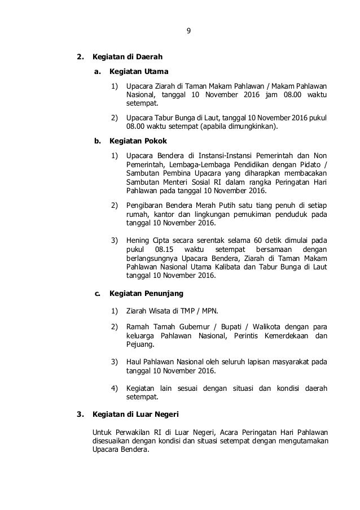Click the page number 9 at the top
click(188, 32)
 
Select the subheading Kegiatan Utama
click(139, 72)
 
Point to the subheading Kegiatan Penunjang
click(146, 294)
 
